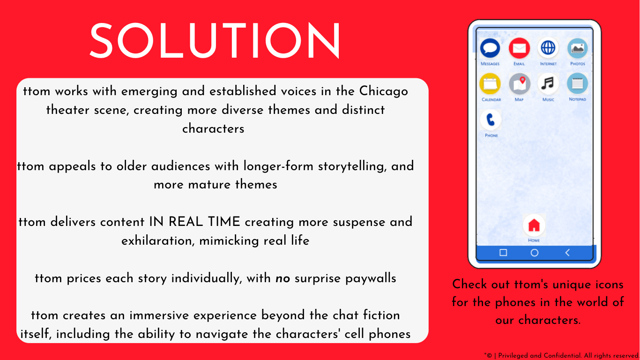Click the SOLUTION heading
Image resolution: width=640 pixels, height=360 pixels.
point(215,41)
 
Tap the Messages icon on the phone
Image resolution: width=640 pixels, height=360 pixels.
point(490,48)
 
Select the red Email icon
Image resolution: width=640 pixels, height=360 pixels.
point(519,48)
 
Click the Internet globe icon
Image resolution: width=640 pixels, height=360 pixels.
point(548,48)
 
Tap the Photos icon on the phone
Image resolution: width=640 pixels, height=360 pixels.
point(578,48)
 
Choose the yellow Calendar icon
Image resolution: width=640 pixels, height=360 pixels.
point(490,84)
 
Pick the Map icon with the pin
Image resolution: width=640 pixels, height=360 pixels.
point(519,84)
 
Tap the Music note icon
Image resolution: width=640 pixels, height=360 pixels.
point(548,84)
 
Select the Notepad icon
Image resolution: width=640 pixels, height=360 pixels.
point(578,84)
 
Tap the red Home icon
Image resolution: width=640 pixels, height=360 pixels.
point(534,225)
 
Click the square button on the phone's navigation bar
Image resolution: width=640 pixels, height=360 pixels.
point(503,253)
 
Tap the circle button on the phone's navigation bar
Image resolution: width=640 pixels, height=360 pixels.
point(534,253)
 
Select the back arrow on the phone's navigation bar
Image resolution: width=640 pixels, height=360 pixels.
point(567,253)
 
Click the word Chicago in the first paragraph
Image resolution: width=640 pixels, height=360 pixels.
point(384,91)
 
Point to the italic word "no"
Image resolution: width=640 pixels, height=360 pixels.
point(283,278)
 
